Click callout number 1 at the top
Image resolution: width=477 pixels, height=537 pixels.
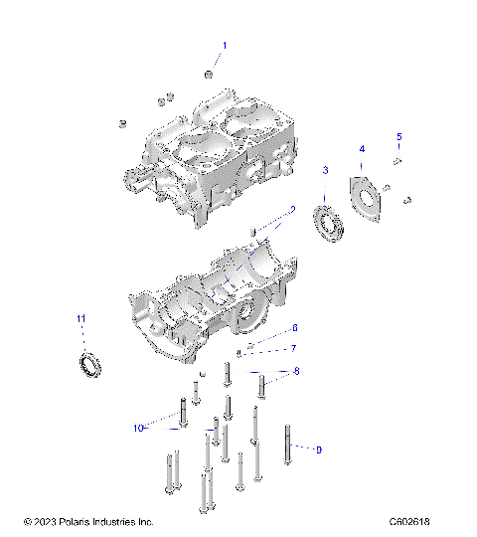click(x=225, y=45)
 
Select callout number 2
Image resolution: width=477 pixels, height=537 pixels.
click(x=293, y=209)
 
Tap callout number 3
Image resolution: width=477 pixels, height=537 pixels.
click(x=325, y=171)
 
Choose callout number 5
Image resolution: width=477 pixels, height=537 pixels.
click(x=399, y=136)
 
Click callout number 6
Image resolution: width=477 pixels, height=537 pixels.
click(x=294, y=328)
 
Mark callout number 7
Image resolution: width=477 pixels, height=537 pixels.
click(x=293, y=348)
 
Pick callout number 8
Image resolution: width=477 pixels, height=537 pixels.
click(x=294, y=371)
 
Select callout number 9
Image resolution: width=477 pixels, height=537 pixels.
click(x=318, y=450)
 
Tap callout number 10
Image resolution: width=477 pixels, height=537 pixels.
click(x=139, y=428)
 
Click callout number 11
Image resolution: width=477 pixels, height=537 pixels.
click(x=81, y=318)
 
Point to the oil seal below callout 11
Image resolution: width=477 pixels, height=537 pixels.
click(x=90, y=364)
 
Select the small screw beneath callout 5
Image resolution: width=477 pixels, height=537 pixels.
click(x=397, y=160)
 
